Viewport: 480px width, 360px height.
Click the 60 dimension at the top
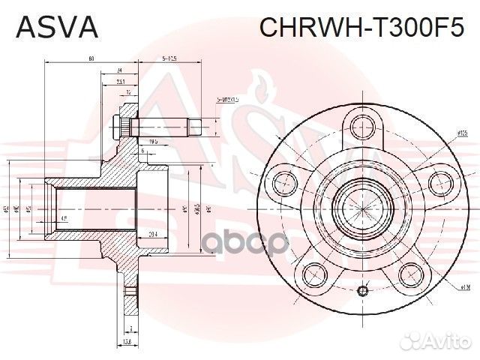[x=90, y=58]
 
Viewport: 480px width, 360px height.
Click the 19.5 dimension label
[x=153, y=140]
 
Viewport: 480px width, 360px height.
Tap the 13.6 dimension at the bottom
[x=128, y=342]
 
